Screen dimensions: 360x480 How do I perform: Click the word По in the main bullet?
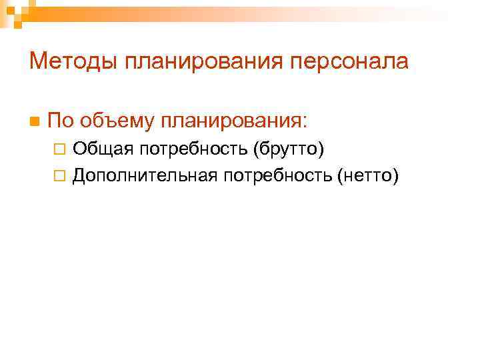pos(61,121)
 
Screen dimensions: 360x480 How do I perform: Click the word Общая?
pos(95,149)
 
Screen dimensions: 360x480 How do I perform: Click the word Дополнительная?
pos(146,175)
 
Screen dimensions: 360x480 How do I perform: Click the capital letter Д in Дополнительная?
pos(79,175)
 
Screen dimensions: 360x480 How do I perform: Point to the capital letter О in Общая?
pos(79,149)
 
